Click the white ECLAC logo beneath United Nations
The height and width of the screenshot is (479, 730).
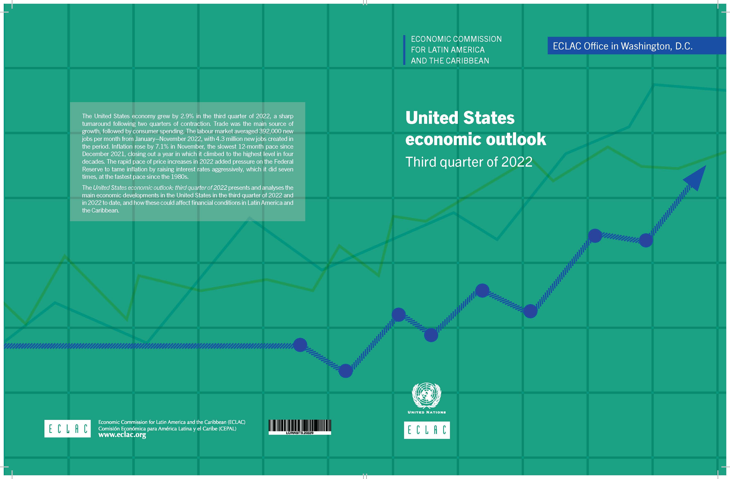[x=427, y=430]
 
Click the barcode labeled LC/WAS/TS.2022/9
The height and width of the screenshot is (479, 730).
[x=300, y=426]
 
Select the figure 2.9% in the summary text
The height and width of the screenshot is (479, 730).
[x=187, y=116]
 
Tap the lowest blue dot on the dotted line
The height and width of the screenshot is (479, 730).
[x=346, y=371]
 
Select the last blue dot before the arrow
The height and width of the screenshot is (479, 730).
[x=646, y=240]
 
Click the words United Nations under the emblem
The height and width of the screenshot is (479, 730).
[x=426, y=412]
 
